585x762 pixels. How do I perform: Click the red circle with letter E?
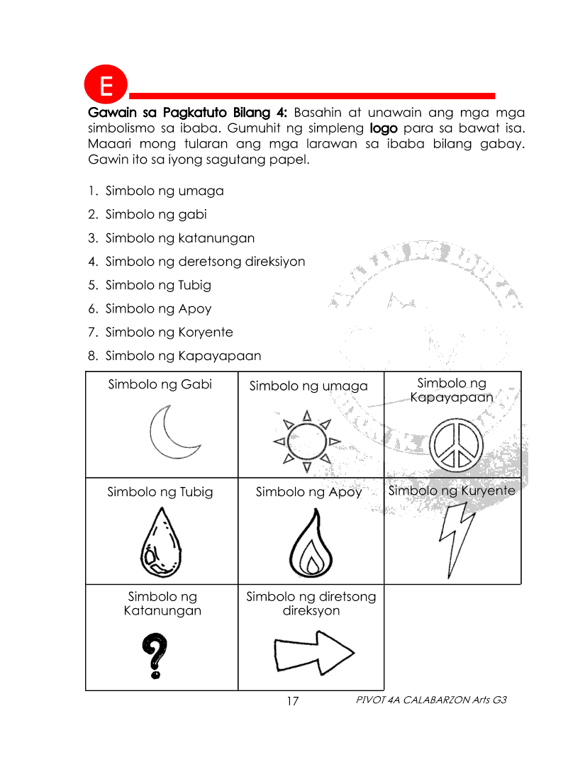click(x=106, y=86)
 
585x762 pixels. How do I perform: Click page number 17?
click(x=292, y=701)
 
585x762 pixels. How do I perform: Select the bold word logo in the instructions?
click(x=384, y=129)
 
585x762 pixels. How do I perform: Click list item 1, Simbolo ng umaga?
click(x=164, y=191)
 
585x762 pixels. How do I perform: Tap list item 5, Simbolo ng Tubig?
click(x=157, y=285)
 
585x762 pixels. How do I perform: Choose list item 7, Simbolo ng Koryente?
click(x=169, y=332)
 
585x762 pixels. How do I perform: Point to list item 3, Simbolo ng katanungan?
click(x=179, y=238)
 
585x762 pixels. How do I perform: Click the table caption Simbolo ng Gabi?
click(x=160, y=384)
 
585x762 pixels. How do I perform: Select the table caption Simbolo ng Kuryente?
click(x=452, y=490)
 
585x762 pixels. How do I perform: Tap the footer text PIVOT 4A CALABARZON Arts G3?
click(x=432, y=700)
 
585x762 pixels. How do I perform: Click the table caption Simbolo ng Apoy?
click(x=308, y=491)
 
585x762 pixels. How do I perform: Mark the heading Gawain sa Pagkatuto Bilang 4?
click(x=187, y=113)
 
